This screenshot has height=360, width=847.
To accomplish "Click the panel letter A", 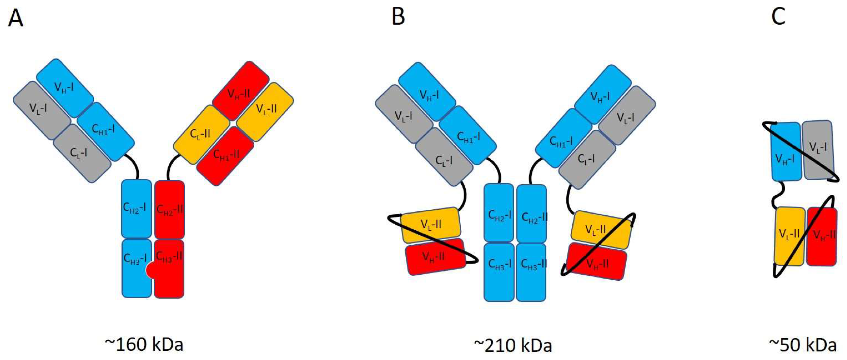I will coord(16,18).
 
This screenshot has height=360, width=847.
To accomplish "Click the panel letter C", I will coord(778,16).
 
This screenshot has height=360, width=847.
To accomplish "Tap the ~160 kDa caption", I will coord(144,344).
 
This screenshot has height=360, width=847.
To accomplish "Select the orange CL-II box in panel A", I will coord(201,134).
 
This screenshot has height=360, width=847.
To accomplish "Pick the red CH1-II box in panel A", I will coord(225,155).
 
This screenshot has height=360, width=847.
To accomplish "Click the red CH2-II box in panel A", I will coord(169,209).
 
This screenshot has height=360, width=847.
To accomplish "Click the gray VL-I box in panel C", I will coord(818,149).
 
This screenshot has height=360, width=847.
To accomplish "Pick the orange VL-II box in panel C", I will coord(790,236).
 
